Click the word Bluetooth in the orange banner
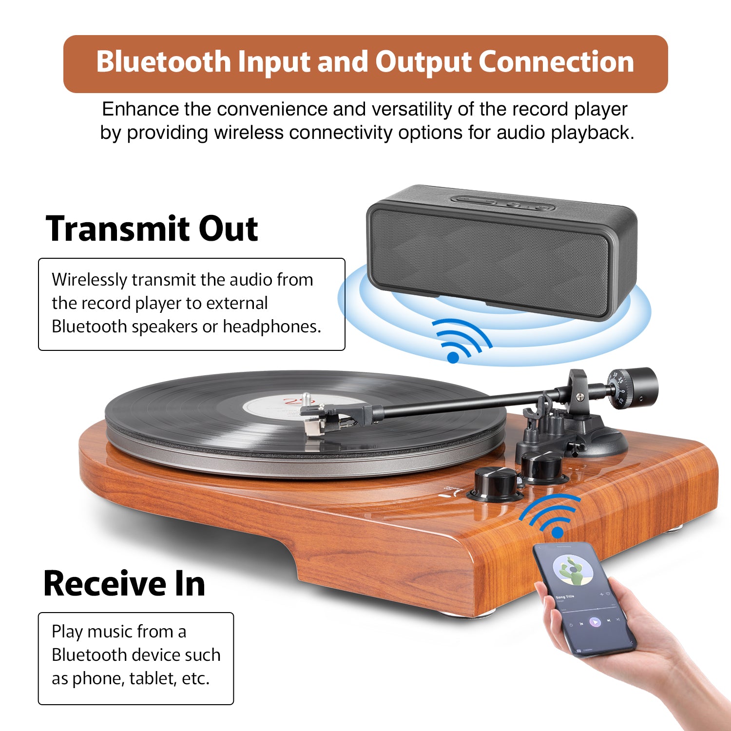coord(164,62)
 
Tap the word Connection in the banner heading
coord(556,62)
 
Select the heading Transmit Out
coord(152,229)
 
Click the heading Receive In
coord(124,583)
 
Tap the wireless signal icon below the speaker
coord(462,340)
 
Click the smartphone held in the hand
coord(584,599)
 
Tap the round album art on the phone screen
coord(573,570)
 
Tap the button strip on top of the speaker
coord(502,203)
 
